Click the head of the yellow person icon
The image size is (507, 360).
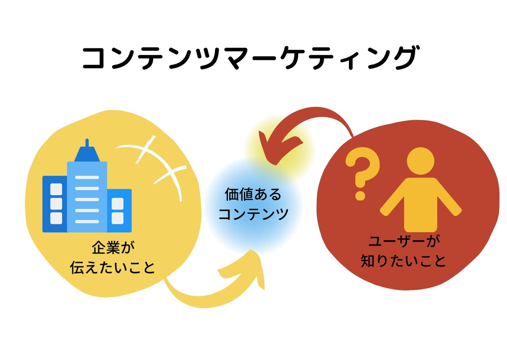click(x=421, y=160)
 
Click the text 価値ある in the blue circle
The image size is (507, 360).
click(x=253, y=195)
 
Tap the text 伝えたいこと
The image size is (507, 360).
click(x=112, y=268)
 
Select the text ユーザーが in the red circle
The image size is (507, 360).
click(x=404, y=242)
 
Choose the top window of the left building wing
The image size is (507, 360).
click(x=56, y=189)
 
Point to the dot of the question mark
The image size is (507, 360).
click(x=360, y=195)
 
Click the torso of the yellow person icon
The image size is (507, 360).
click(x=421, y=204)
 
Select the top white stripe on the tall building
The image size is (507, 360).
click(x=87, y=177)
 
